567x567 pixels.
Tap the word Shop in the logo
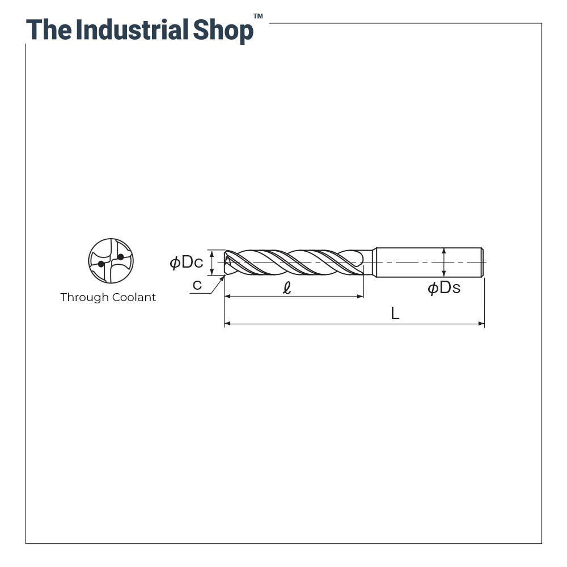pyautogui.click(x=223, y=31)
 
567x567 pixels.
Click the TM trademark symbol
pyautogui.click(x=258, y=16)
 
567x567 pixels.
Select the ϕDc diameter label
pyautogui.click(x=187, y=262)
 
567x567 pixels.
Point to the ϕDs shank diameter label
pyautogui.click(x=444, y=288)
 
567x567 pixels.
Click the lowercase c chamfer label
pyautogui.click(x=197, y=285)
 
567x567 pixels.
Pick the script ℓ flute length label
pyautogui.click(x=287, y=288)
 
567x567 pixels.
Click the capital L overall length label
pyautogui.click(x=395, y=313)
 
